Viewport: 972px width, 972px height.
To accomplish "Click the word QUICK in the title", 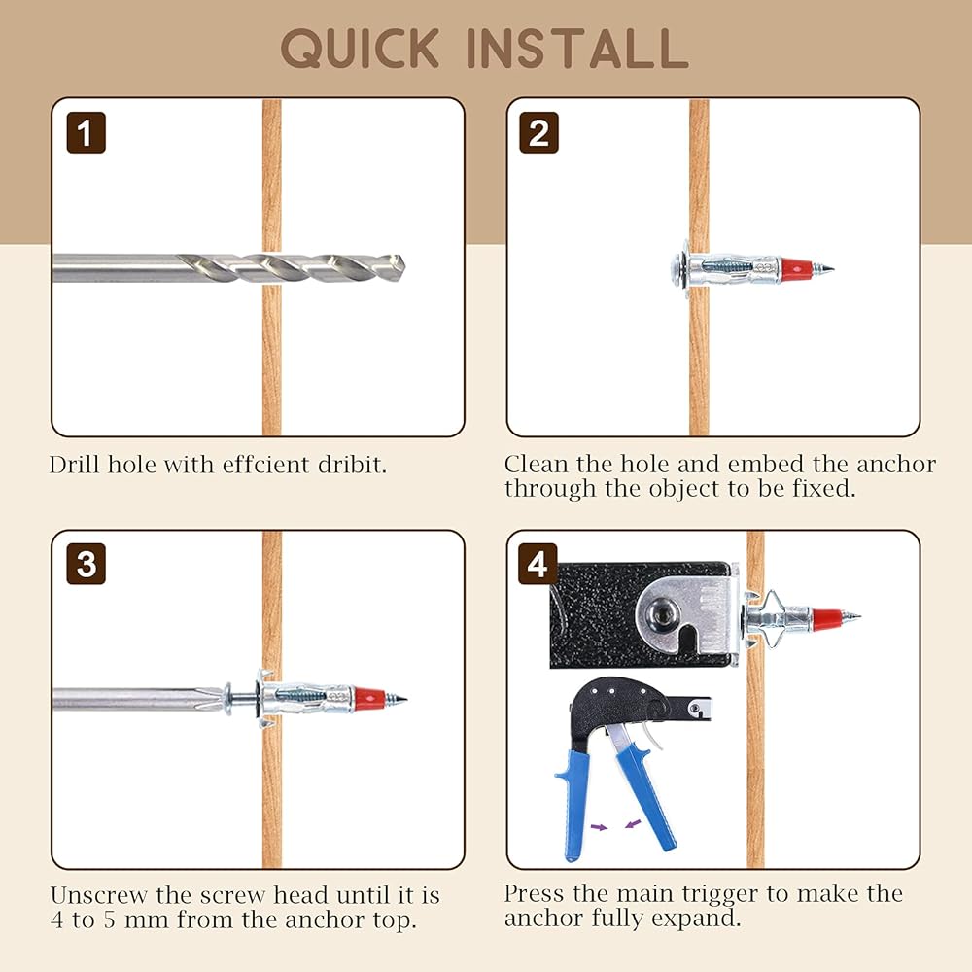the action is (x=361, y=49).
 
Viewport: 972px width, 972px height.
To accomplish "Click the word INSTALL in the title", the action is (x=577, y=49).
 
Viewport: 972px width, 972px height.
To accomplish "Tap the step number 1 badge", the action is (x=87, y=132).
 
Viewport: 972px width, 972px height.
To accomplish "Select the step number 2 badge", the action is (x=538, y=132).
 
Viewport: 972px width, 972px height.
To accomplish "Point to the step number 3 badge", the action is (x=87, y=564).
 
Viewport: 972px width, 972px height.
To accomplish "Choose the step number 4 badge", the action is (x=538, y=564).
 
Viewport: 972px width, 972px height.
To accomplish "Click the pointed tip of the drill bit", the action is (x=404, y=264).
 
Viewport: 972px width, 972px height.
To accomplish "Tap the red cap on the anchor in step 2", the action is (x=797, y=269).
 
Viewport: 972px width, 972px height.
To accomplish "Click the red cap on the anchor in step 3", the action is (x=369, y=699).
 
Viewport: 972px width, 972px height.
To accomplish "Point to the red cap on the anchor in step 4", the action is (x=827, y=618).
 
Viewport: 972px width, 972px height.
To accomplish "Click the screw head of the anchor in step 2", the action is (x=677, y=269).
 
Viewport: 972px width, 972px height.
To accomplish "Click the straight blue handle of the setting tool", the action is (x=574, y=806).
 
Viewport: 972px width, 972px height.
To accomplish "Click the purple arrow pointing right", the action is (x=599, y=826).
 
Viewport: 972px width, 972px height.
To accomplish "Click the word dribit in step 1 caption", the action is (x=352, y=465).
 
